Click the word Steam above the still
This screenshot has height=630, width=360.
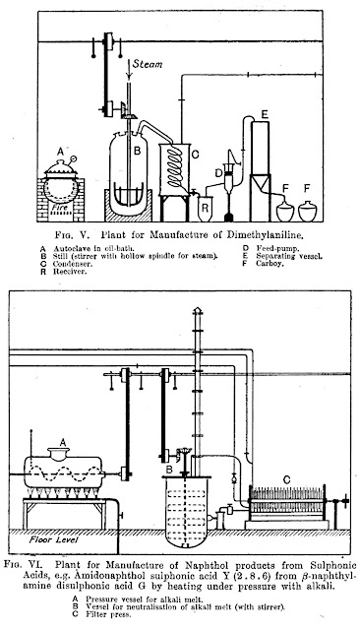(148, 64)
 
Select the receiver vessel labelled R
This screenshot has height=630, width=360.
(206, 209)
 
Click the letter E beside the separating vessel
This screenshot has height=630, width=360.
(265, 114)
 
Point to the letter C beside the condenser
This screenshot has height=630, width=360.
(196, 155)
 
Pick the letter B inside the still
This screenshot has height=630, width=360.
(137, 151)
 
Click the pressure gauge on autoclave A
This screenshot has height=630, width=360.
(74, 158)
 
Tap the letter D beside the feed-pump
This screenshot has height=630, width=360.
(218, 173)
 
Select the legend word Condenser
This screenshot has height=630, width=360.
(73, 264)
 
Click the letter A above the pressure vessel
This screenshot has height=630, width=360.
(63, 442)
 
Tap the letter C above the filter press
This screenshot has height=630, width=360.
(286, 479)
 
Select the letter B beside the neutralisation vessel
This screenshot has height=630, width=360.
(169, 469)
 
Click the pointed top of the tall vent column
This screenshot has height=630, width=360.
(197, 308)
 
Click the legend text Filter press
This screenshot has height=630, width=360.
(108, 614)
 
